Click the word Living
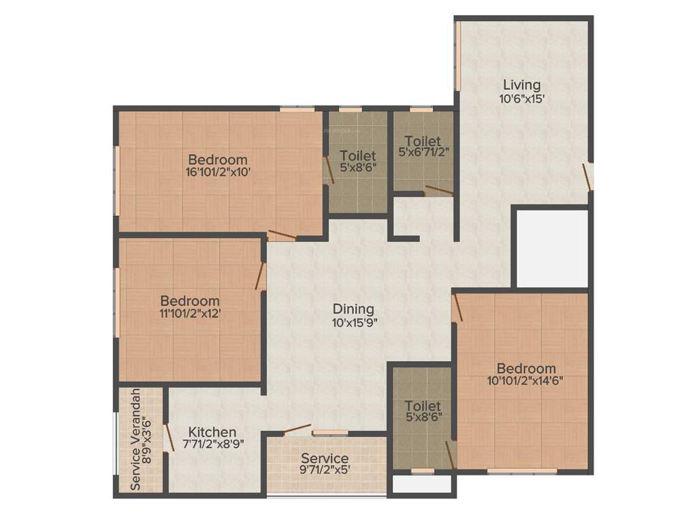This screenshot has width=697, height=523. coord(521,85)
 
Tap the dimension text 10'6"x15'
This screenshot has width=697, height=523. coord(521,98)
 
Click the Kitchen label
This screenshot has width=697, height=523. coord(212,432)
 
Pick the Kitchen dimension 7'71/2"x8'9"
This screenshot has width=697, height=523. coord(212,444)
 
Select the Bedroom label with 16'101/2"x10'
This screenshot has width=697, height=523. coord(218,160)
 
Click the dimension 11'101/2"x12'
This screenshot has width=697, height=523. coord(190,314)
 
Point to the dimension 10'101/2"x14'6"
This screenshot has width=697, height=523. coord(525,381)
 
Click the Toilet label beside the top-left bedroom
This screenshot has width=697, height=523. coord(358,155)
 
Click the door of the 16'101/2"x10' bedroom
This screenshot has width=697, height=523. coord(282,236)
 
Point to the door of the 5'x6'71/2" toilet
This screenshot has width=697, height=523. coord(438,191)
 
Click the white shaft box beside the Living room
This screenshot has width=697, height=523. coord(551,248)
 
